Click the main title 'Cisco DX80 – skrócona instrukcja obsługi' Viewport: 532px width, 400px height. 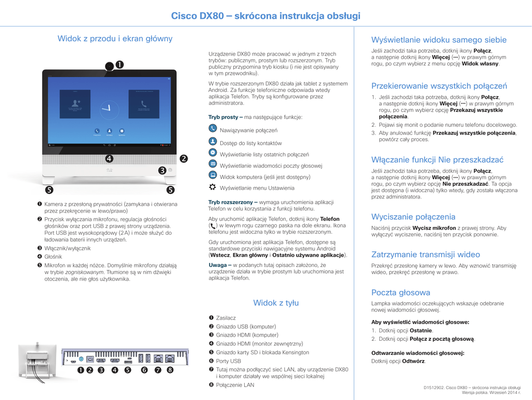point(265,16)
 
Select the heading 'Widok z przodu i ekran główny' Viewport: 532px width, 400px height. point(115,38)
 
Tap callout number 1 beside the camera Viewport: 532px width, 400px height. point(119,64)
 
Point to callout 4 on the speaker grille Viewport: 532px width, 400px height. point(109,158)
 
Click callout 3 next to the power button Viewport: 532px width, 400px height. point(162,170)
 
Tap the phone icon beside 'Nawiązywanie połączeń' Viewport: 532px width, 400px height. point(212,128)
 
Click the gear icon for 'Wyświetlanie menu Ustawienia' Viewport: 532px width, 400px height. point(212,186)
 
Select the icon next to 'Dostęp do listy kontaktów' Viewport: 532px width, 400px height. point(212,141)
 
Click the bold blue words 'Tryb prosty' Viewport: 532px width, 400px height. point(223,117)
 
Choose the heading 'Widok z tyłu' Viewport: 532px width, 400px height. point(276,303)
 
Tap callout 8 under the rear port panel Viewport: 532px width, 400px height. point(170,370)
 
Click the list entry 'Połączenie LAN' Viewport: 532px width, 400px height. point(235,385)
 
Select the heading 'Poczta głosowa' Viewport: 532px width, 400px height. point(401,292)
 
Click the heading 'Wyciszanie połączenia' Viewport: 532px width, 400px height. point(413,217)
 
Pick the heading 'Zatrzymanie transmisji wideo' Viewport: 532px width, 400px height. point(425,255)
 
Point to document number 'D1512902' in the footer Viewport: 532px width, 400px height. point(434,388)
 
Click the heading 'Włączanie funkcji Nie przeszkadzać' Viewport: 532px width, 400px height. point(437,160)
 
